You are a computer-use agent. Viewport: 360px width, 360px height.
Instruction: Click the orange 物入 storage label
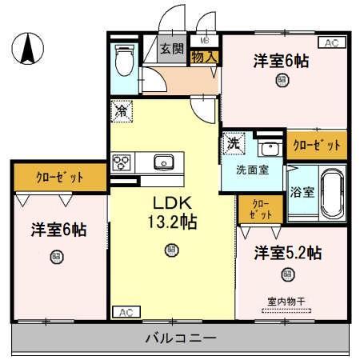(203, 57)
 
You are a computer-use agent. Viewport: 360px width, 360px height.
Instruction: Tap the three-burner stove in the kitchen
(122, 162)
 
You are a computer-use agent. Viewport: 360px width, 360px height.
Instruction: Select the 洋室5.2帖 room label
(288, 254)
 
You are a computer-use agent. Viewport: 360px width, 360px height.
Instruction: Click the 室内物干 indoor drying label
(286, 301)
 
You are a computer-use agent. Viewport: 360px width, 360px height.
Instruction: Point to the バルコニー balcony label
(180, 338)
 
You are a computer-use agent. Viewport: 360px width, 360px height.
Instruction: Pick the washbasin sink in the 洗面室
(268, 149)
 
